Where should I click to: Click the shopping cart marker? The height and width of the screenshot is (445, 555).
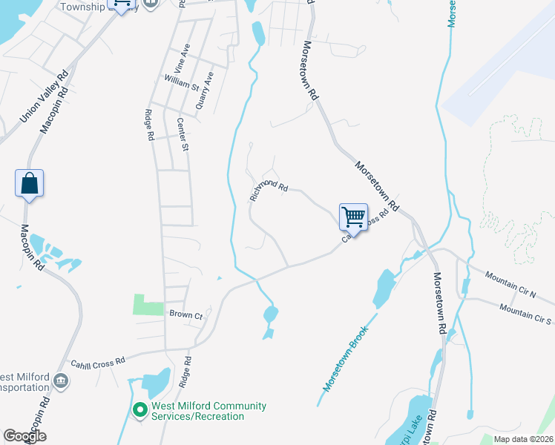click(x=354, y=218)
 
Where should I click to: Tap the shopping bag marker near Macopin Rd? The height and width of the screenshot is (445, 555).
click(x=29, y=183)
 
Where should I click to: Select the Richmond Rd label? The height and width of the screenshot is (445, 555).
click(x=269, y=190)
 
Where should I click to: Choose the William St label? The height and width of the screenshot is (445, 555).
click(x=182, y=82)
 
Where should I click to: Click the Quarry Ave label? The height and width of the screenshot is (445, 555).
click(x=205, y=91)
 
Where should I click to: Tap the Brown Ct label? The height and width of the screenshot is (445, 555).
click(x=185, y=315)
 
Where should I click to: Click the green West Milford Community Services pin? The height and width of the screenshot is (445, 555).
click(x=139, y=410)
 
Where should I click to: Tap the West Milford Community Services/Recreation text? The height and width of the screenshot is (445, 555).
click(x=208, y=411)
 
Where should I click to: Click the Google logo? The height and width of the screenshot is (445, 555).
click(x=24, y=436)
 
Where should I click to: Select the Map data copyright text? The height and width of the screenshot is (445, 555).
click(x=522, y=439)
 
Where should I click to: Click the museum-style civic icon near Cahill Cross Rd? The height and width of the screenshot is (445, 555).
click(x=61, y=382)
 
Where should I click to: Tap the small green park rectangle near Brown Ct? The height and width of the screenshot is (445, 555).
click(x=148, y=305)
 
